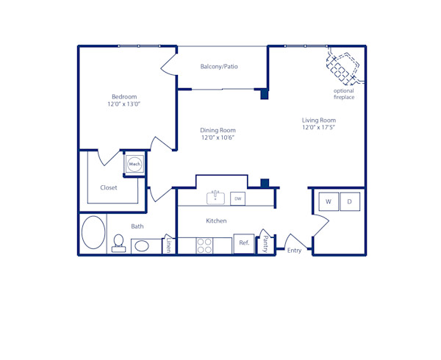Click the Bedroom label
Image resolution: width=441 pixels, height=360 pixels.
124,97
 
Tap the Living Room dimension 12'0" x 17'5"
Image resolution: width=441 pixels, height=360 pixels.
318,128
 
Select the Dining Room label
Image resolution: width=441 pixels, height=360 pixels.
218,130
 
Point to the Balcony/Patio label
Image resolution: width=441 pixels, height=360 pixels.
219,67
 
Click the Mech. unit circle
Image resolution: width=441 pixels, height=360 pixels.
135,164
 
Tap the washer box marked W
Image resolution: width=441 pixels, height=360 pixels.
328,201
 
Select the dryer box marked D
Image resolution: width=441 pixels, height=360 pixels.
350,201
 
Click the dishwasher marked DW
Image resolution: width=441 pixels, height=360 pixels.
237,198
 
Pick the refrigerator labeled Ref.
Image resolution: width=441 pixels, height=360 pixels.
244,243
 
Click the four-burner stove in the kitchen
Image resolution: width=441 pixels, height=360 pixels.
204,245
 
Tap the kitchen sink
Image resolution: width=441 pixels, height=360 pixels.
215,198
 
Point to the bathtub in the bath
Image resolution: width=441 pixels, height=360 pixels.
93,233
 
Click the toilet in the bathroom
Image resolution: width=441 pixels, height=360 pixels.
118,243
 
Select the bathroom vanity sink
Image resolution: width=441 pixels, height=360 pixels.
142,245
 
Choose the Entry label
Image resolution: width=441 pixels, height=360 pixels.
294,251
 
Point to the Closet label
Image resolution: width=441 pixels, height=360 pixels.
109,187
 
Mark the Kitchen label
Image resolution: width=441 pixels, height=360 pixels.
216,220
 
